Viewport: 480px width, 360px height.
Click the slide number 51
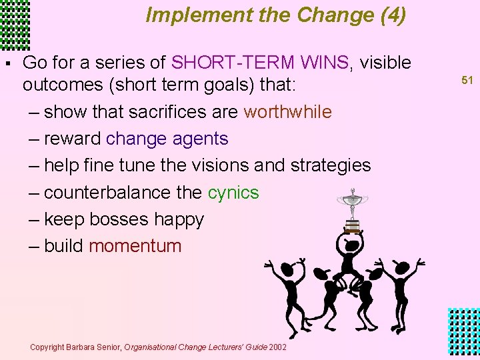point(467,81)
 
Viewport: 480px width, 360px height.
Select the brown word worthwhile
point(287,112)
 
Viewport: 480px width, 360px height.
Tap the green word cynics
point(233,193)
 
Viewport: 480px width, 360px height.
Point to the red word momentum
point(135,246)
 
